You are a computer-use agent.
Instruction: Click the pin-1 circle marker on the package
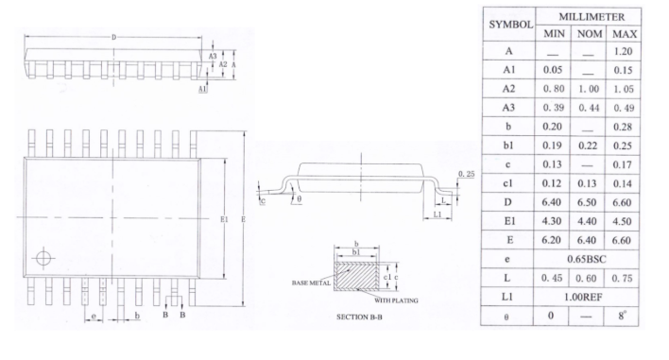point(43,258)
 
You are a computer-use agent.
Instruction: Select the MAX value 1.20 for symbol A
point(623,51)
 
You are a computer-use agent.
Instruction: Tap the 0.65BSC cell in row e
point(586,259)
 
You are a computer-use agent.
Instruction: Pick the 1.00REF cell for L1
point(583,297)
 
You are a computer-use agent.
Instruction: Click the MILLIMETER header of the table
point(592,17)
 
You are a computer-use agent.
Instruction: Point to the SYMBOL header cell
point(510,25)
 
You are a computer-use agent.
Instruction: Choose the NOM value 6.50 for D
point(587,202)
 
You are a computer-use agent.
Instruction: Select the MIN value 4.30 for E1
point(551,221)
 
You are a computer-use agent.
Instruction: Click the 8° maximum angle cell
point(621,316)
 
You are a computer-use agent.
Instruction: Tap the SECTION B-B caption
point(359,317)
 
